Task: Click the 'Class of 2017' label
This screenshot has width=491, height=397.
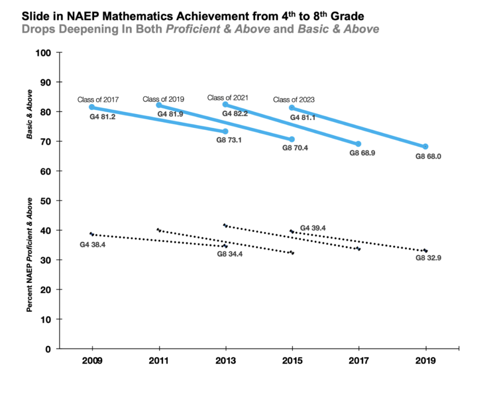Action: click(x=98, y=100)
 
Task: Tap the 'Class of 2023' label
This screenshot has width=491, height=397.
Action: click(x=294, y=100)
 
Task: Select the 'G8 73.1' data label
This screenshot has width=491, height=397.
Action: click(x=229, y=140)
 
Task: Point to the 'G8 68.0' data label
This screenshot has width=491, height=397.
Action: click(x=428, y=156)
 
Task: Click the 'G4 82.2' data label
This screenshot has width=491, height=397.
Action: click(x=235, y=114)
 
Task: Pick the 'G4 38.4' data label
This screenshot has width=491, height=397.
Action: click(x=93, y=245)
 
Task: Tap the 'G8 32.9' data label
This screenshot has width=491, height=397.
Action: click(x=428, y=258)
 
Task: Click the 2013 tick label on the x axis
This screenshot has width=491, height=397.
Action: click(x=225, y=361)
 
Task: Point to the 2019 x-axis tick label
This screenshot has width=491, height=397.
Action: click(x=426, y=361)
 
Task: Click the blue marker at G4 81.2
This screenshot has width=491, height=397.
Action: click(x=92, y=107)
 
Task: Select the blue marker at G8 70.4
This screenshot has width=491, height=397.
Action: click(x=292, y=139)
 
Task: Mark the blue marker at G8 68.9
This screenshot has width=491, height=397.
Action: click(x=358, y=144)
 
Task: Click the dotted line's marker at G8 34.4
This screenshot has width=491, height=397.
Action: click(x=225, y=246)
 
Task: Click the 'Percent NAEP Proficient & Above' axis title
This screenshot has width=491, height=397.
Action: click(x=30, y=255)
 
